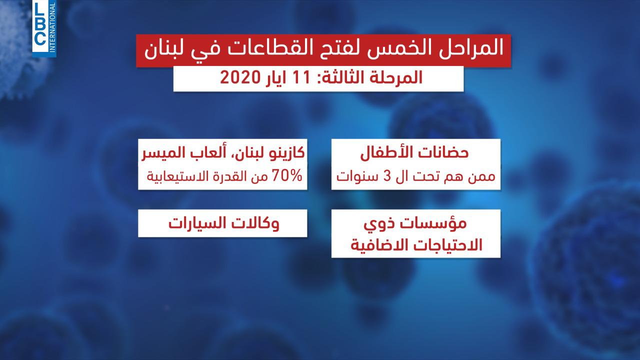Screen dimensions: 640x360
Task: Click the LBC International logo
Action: pyautogui.click(x=44, y=28)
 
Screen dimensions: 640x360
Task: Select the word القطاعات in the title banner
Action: pyautogui.click(x=291, y=48)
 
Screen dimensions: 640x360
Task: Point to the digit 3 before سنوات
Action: pyautogui.click(x=386, y=176)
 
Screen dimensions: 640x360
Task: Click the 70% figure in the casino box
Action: pyautogui.click(x=287, y=175)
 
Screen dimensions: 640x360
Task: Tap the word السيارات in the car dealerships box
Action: pyautogui.click(x=197, y=223)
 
